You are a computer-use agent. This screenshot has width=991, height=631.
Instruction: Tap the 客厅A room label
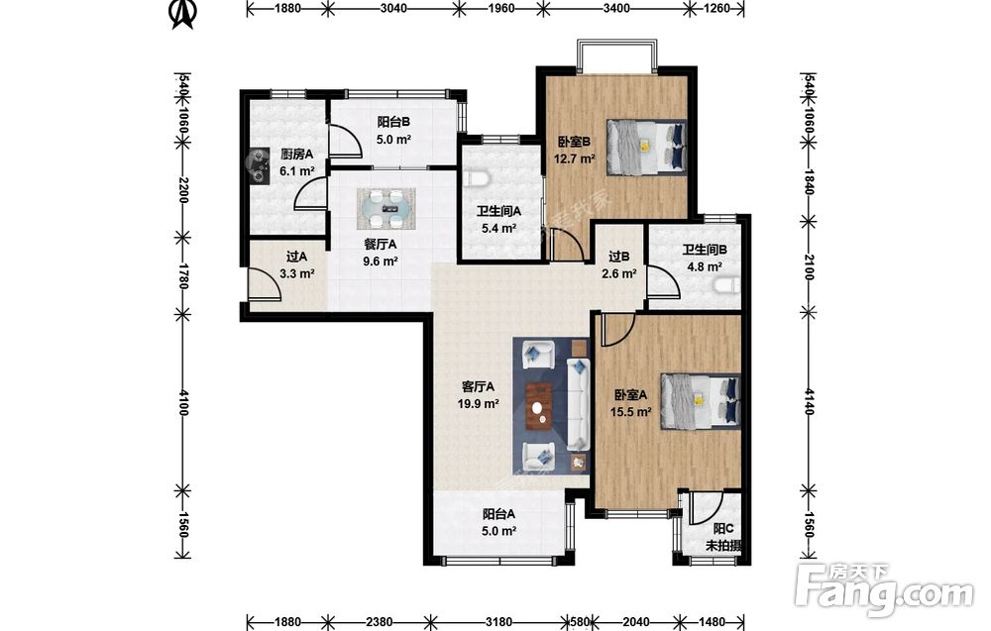click(x=478, y=386)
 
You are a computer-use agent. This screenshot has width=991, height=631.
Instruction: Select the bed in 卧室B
click(x=646, y=147)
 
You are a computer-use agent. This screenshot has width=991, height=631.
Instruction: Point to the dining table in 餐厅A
click(x=385, y=209)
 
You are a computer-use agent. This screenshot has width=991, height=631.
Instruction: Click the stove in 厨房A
click(x=259, y=165)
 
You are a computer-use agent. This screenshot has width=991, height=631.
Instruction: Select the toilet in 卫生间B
click(x=725, y=285)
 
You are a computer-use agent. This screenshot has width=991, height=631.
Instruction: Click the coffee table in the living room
click(x=540, y=405)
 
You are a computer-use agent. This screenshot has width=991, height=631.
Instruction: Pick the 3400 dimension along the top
click(x=616, y=8)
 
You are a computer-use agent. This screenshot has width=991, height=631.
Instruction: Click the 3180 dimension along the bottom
click(x=499, y=622)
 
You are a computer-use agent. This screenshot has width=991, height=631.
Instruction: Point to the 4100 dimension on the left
click(x=182, y=402)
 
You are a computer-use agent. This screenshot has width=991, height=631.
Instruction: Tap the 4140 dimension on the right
click(x=808, y=402)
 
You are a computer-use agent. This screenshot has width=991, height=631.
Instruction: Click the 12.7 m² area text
click(x=575, y=158)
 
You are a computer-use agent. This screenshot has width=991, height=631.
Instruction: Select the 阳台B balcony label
click(x=393, y=122)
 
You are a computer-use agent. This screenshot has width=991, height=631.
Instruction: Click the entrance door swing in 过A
click(x=265, y=283)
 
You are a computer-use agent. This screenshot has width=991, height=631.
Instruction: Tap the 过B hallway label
click(x=618, y=258)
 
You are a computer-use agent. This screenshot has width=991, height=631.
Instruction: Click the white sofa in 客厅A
click(x=579, y=405)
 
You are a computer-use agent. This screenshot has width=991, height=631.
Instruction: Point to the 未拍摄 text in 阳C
click(x=723, y=546)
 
